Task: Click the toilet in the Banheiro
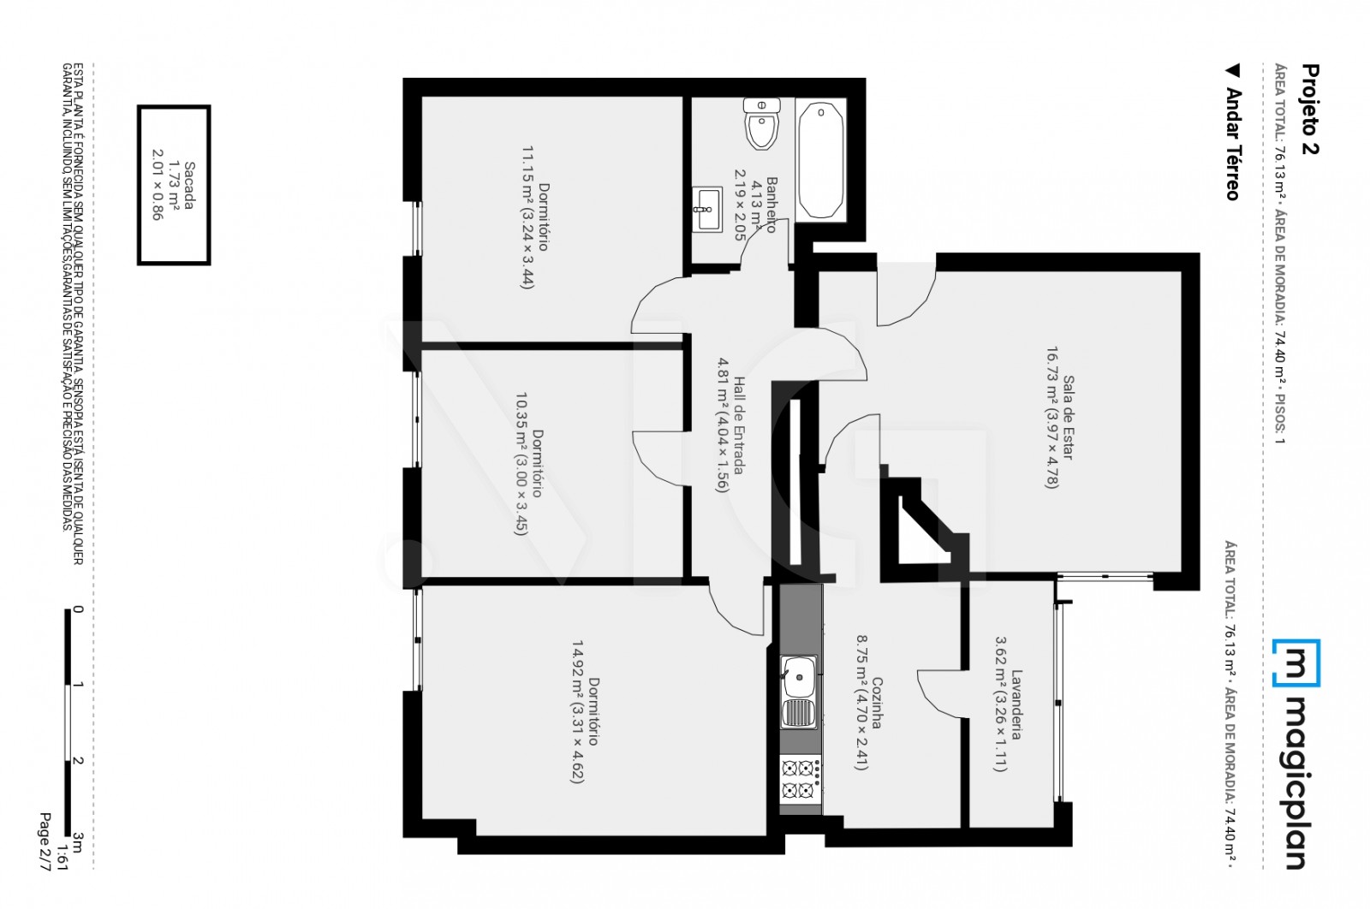pyautogui.click(x=760, y=124)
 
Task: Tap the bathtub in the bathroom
pyautogui.click(x=821, y=160)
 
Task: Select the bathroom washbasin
pyautogui.click(x=706, y=208)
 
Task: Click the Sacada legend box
pyautogui.click(x=174, y=185)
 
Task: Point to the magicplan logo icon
pyautogui.click(x=1296, y=662)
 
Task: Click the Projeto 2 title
pyautogui.click(x=1309, y=110)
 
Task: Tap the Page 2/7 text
pyautogui.click(x=45, y=842)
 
